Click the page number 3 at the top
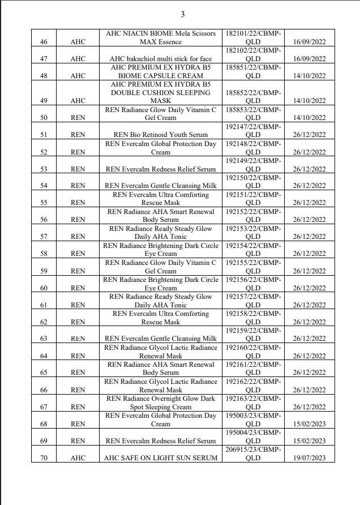pos(182,14)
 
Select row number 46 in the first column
pos(44,42)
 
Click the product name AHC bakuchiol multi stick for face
pos(161,59)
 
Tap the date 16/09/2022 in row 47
pos(309,59)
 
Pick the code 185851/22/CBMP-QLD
pos(253,71)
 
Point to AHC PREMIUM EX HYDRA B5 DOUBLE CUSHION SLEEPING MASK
pos(161,92)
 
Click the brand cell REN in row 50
pos(78,118)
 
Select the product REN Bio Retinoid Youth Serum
pos(161,135)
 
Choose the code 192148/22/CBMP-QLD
pos(253,148)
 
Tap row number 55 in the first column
pos(44,203)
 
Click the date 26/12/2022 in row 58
pos(309,254)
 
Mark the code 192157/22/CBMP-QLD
pos(253,301)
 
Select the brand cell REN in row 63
pos(78,339)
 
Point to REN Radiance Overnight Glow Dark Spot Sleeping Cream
pos(161,403)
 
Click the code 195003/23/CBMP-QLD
pos(253,420)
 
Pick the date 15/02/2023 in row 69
pos(309,440)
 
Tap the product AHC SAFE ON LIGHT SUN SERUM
pos(161,457)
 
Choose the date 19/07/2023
pos(309,457)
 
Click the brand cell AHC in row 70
pos(78,457)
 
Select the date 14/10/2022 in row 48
pos(309,76)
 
